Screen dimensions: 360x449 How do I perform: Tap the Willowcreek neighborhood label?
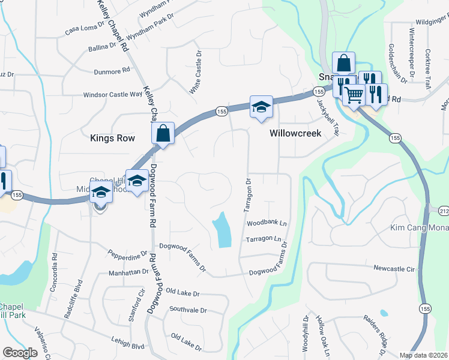295,133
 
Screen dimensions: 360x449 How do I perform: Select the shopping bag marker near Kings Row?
163,133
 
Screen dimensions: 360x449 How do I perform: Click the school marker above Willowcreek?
261,107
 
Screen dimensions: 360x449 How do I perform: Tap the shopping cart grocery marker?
354,94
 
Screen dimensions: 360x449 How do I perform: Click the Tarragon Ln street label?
264,239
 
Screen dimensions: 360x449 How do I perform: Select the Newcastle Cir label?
394,269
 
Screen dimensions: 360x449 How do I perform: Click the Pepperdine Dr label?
127,254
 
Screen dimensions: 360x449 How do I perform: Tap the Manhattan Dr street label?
128,272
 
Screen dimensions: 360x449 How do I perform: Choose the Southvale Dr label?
188,310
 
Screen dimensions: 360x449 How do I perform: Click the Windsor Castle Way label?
112,95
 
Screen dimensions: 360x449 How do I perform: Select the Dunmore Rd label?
112,71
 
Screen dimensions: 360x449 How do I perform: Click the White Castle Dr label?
196,72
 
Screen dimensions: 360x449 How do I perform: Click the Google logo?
20,353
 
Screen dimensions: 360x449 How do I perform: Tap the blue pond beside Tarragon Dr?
222,230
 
